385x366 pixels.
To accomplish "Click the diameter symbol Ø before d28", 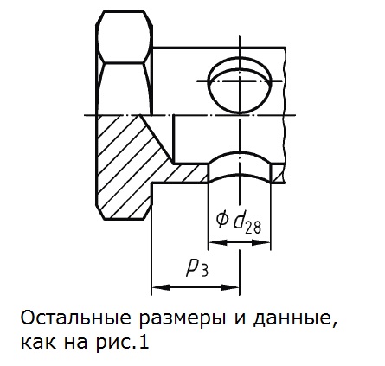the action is pyautogui.click(x=222, y=221).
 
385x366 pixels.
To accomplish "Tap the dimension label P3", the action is pyautogui.click(x=198, y=270).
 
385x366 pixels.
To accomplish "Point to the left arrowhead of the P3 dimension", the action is pyautogui.click(x=161, y=287).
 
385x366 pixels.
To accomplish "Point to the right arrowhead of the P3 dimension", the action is pyautogui.click(x=230, y=287).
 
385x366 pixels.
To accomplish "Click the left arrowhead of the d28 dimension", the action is pyautogui.click(x=218, y=242).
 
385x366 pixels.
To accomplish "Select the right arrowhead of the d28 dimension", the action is pyautogui.click(x=261, y=242).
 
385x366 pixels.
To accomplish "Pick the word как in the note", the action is pyautogui.click(x=35, y=344).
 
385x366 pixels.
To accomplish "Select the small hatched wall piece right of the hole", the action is pyautogui.click(x=278, y=173).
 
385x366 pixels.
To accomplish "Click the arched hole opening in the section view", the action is pyautogui.click(x=240, y=167).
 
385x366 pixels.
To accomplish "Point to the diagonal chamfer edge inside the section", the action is pyautogui.click(x=157, y=139).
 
